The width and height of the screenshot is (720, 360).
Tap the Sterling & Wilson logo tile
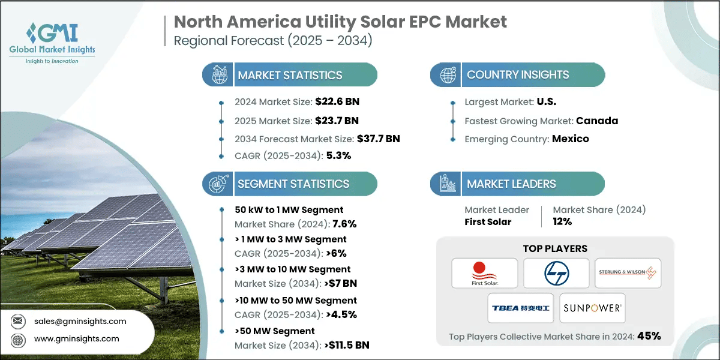628,273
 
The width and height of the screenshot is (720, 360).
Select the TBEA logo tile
521,308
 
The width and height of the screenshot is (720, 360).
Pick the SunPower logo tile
592,308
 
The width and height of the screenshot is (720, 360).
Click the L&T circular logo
556,273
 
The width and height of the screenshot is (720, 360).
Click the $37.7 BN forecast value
379,139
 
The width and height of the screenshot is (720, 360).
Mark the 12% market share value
562,221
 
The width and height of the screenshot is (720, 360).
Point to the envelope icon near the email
18,321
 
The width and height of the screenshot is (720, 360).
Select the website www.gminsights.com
76,338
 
